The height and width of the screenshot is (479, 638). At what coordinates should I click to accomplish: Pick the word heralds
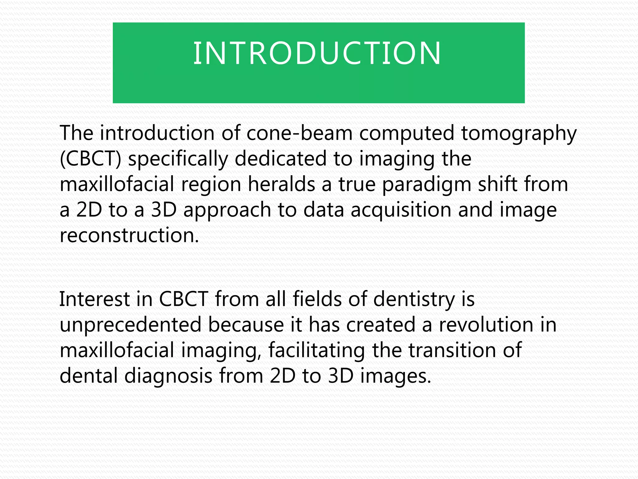[x=281, y=184]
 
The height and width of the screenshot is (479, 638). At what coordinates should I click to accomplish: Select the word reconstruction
[x=129, y=235]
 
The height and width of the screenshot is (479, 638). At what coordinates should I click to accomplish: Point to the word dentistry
[x=414, y=300]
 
